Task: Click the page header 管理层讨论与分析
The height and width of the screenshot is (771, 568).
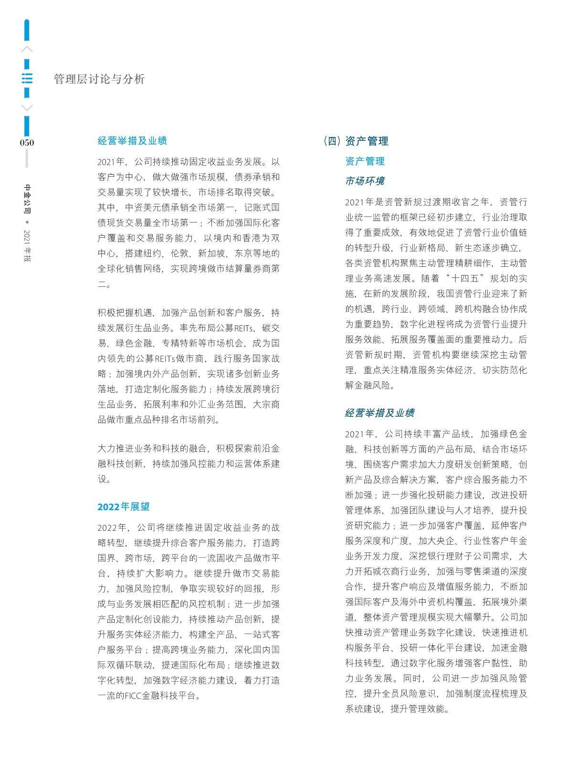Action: coord(99,79)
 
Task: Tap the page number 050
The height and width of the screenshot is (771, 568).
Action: coord(27,143)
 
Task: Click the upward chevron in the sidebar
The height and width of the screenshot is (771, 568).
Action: coord(27,49)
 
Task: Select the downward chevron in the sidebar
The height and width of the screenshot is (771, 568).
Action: coord(27,108)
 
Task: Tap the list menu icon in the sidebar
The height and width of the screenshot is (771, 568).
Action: coord(27,79)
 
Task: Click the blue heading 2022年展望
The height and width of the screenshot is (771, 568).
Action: coord(124,507)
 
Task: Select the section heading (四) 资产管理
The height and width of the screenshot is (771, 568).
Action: coord(356,141)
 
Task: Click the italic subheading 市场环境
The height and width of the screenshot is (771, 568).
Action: coord(365,181)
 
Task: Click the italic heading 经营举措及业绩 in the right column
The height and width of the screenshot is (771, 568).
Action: coord(379,413)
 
